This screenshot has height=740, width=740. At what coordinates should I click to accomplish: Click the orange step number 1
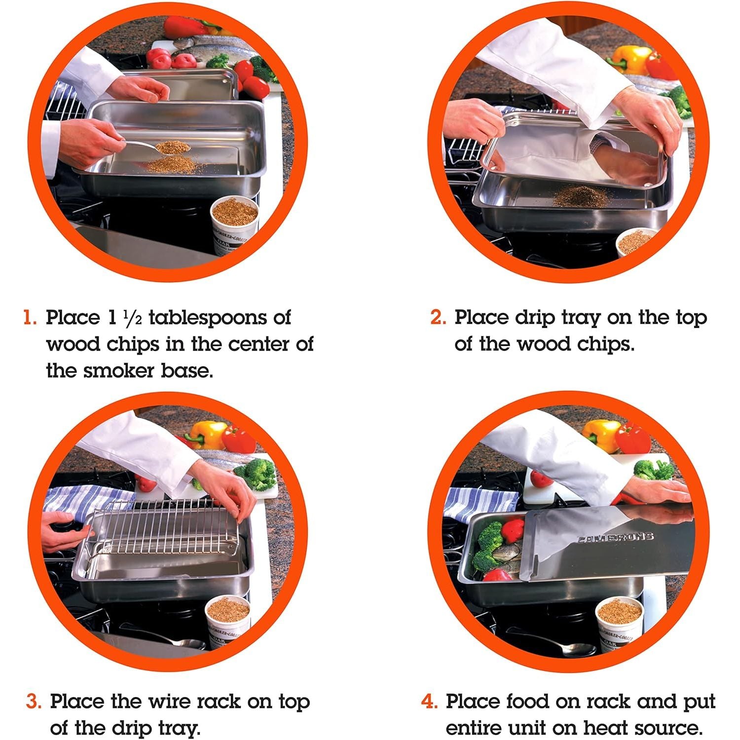coord(30,317)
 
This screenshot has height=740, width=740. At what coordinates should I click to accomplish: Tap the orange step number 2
coord(438,317)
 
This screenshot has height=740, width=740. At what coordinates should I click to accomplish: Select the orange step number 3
coord(34,701)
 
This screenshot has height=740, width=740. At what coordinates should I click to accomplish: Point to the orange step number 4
coord(429,701)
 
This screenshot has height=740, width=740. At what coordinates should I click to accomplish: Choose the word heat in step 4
coord(605,728)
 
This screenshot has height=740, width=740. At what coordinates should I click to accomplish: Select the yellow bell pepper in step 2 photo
coord(630,60)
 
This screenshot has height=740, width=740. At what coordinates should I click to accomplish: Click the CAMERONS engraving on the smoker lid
coord(615,537)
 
